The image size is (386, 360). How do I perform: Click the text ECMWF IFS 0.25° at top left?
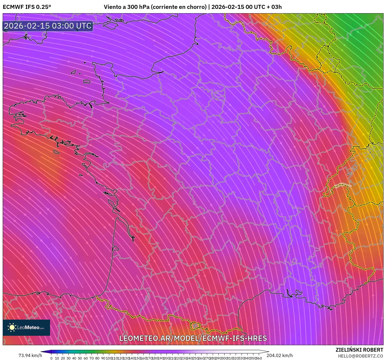pos(27,7)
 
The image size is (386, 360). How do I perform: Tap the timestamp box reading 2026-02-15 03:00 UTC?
pos(48,26)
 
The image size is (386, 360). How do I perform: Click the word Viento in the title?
pos(112,7)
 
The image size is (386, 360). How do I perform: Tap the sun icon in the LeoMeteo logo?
pos(12,327)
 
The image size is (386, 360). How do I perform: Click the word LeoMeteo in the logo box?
pos(28,328)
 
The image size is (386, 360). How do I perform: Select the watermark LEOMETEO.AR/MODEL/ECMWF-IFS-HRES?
pos(193,338)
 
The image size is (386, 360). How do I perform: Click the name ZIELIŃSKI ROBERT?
pos(359,350)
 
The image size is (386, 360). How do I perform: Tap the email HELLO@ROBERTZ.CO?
pos(360,356)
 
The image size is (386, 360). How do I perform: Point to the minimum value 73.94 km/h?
pos(30,355)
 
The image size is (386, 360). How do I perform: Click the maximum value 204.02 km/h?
pos(279,355)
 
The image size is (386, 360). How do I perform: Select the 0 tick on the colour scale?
pos(51,358)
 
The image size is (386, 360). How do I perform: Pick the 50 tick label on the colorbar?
pos(80,358)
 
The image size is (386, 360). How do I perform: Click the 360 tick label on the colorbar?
pos(258,358)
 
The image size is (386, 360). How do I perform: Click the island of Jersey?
pos(87,81)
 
